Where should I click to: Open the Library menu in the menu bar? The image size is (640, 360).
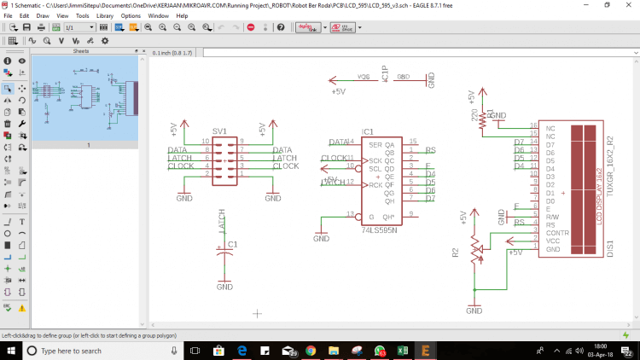click(x=105, y=15)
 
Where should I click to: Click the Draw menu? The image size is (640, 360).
click(x=42, y=15)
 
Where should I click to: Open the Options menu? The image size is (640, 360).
click(x=131, y=15)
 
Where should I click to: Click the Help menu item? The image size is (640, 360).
click(x=182, y=15)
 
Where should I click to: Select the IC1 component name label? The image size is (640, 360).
click(x=368, y=131)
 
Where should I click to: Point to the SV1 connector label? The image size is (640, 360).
click(x=219, y=131)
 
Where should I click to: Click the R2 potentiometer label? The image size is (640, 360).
click(x=455, y=253)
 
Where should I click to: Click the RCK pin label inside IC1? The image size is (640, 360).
click(x=374, y=183)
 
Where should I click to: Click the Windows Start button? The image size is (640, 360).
click(x=9, y=351)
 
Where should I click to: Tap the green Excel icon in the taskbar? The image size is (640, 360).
click(x=402, y=351)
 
